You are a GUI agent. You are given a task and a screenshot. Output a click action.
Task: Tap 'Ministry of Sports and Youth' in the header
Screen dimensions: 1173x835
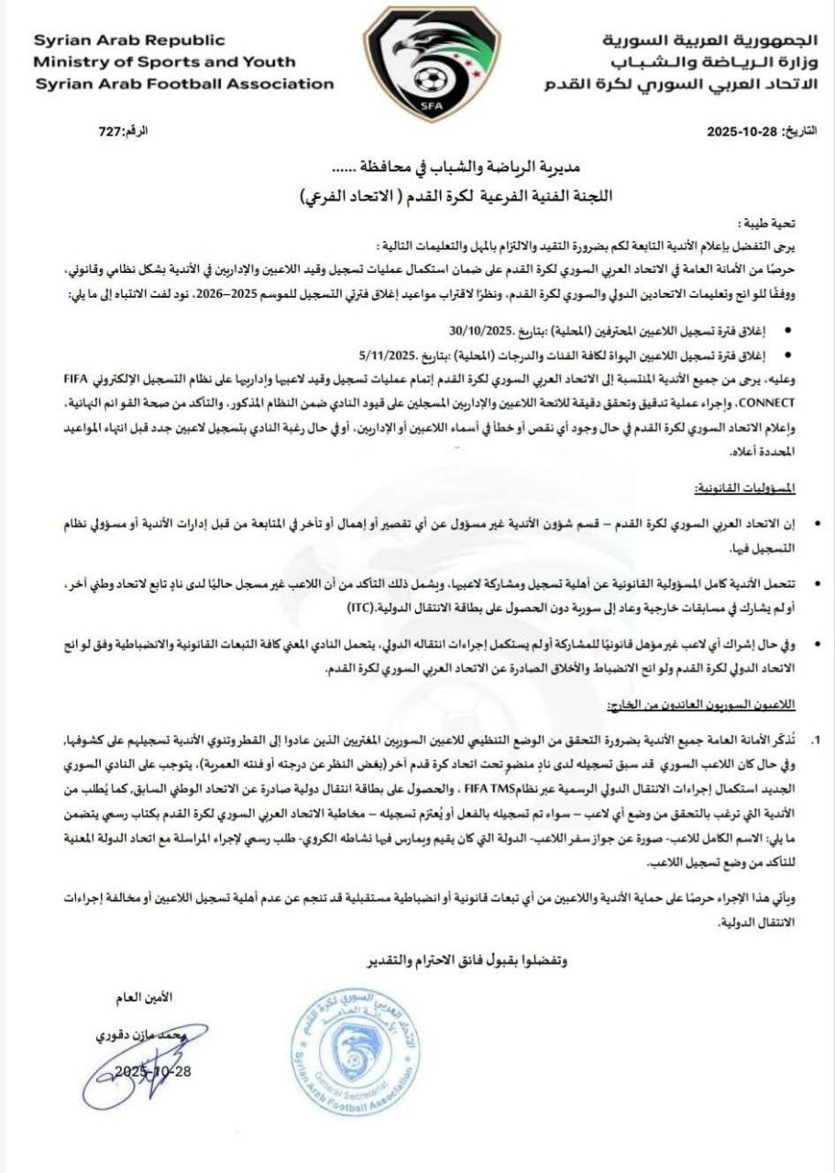(x=165, y=62)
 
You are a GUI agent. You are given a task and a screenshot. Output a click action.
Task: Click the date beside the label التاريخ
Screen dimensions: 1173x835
(x=742, y=132)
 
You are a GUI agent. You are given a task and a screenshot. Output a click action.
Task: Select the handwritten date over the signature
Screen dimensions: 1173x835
(x=152, y=1071)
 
